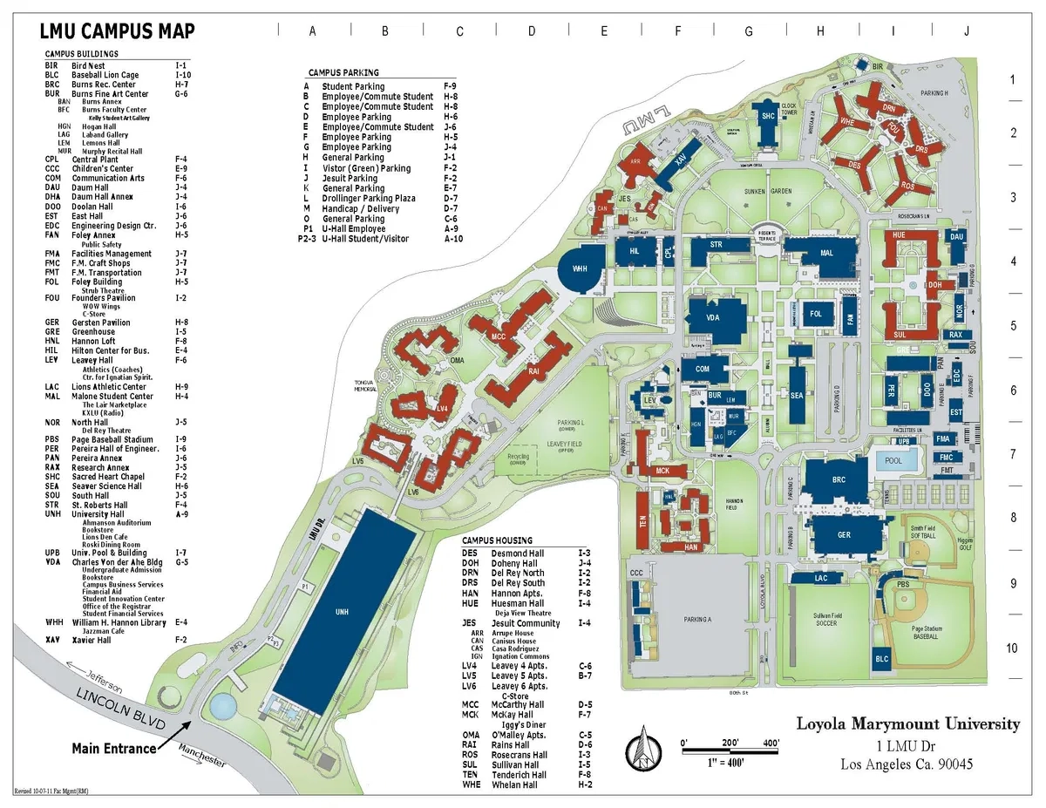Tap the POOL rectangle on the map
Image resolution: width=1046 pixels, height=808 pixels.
click(x=893, y=460)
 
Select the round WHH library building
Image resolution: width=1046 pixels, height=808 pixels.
click(x=580, y=268)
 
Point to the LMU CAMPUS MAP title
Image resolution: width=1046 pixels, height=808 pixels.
click(x=117, y=32)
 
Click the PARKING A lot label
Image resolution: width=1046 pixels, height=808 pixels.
click(x=697, y=619)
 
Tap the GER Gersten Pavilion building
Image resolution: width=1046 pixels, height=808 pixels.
click(x=844, y=534)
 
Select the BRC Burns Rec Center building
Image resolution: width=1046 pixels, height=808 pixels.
click(x=839, y=480)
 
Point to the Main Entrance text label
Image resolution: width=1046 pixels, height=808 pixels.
click(x=114, y=748)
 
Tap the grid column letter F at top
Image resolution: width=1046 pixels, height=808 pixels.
click(x=677, y=31)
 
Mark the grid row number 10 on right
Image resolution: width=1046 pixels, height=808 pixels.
click(x=1012, y=648)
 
